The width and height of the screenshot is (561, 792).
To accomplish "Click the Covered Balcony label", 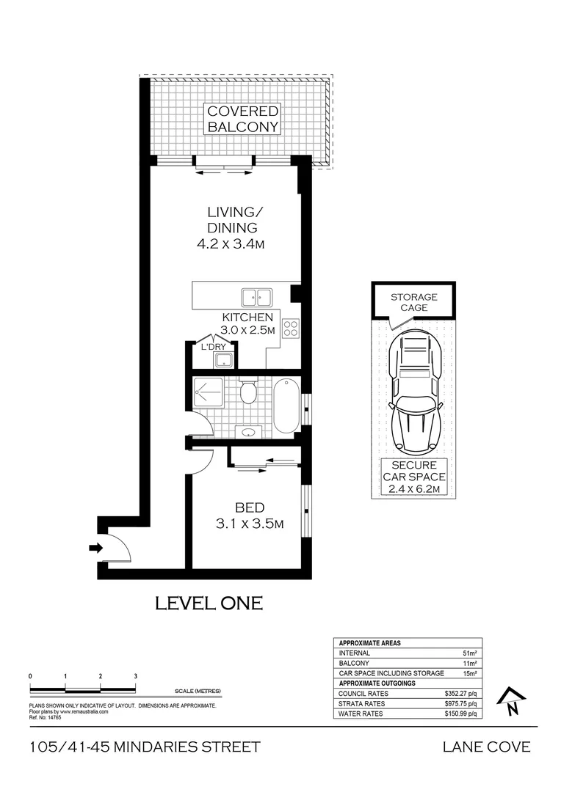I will point(242,119).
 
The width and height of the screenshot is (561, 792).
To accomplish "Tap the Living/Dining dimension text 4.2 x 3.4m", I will point(230,244).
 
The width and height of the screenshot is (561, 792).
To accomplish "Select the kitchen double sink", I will point(256,297).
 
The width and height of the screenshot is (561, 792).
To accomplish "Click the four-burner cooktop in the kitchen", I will point(290,328).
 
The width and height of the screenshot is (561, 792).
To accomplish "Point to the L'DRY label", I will point(214,345).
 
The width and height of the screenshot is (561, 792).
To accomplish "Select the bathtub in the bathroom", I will point(286,405).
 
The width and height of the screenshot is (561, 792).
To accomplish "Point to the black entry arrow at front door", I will point(95,547).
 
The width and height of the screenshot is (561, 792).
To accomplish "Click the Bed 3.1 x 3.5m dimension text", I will point(249,524).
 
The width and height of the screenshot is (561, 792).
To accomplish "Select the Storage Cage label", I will point(413,302).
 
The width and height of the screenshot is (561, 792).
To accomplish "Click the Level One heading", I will point(209,604).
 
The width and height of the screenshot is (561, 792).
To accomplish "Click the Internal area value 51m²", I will point(468,653).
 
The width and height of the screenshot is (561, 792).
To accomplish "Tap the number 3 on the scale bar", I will point(135,675).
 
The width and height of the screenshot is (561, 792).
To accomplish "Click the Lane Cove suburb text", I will point(485,747).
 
